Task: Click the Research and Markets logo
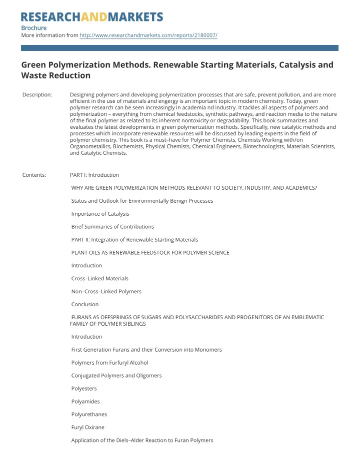point(92,17)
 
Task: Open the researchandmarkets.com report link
point(148,36)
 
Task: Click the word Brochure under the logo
point(33,27)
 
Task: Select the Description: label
point(37,95)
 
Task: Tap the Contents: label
point(34,175)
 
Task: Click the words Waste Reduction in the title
point(55,76)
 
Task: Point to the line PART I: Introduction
point(94,175)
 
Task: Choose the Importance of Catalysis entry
point(100,214)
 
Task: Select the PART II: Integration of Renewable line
point(134,240)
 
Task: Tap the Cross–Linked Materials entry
point(99,278)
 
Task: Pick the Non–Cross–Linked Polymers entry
point(106,291)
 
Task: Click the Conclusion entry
point(85,304)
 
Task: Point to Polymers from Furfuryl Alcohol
point(109,363)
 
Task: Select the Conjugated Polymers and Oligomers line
point(116,376)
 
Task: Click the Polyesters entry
point(84,389)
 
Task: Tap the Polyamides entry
point(85,402)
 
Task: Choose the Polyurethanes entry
point(88,415)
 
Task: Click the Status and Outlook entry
point(142,201)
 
